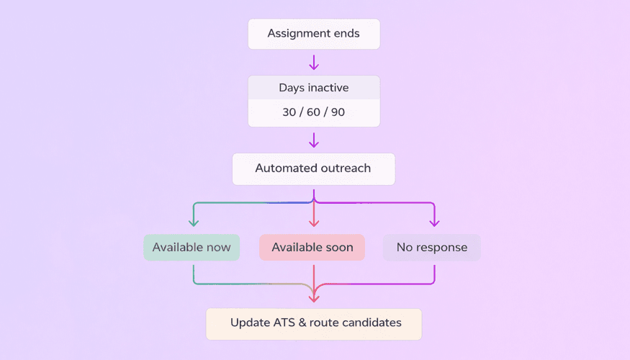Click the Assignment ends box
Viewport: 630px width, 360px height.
pos(313,34)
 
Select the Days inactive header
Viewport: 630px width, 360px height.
pos(313,88)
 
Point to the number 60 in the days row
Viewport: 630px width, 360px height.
pos(313,113)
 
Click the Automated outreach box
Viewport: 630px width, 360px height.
pos(313,168)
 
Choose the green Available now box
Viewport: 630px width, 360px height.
pos(192,247)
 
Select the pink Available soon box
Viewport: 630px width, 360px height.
pos(312,247)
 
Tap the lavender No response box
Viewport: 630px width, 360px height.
pos(431,247)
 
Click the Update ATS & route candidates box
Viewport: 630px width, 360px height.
pos(313,323)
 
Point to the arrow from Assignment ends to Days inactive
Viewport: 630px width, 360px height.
pos(313,62)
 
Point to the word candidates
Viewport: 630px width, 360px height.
pos(372,323)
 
